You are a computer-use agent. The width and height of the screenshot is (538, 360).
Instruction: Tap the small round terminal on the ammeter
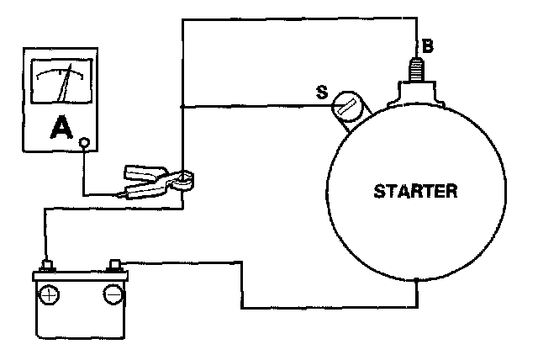click(x=83, y=144)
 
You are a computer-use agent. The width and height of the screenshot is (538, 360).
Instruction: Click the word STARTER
click(x=416, y=191)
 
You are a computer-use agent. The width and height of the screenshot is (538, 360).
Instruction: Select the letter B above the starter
click(x=427, y=47)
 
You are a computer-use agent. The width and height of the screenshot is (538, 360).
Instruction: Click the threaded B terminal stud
click(x=414, y=67)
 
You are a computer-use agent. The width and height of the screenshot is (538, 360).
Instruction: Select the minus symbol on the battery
click(x=112, y=294)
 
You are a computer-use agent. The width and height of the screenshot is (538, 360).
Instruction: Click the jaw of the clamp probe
click(x=183, y=177)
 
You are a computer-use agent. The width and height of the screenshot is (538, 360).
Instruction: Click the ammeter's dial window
click(x=61, y=82)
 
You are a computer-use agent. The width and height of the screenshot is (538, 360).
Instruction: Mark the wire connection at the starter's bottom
click(x=417, y=279)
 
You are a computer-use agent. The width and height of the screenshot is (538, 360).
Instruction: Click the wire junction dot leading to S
click(x=182, y=107)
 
